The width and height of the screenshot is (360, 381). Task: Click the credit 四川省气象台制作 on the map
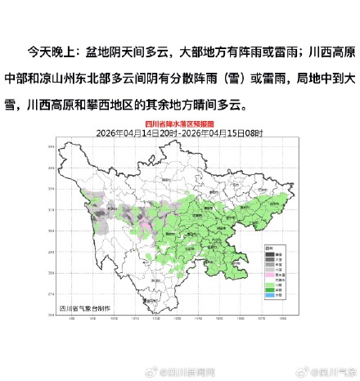84,307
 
